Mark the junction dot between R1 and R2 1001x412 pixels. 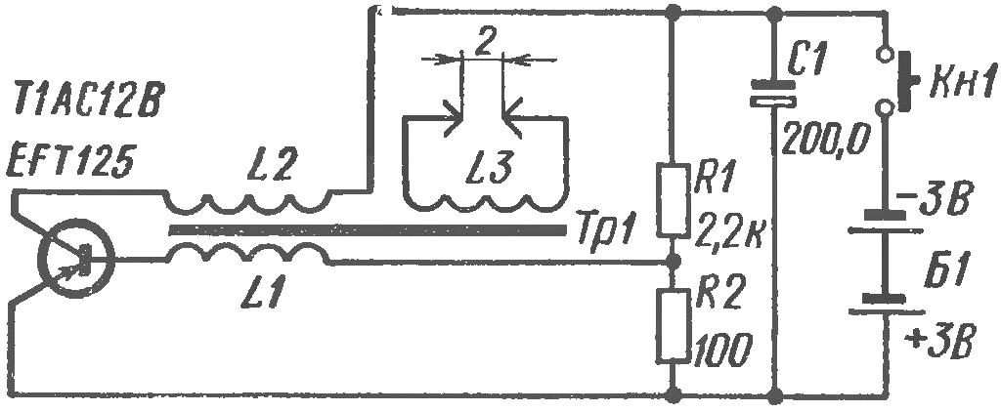tap(673, 262)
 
